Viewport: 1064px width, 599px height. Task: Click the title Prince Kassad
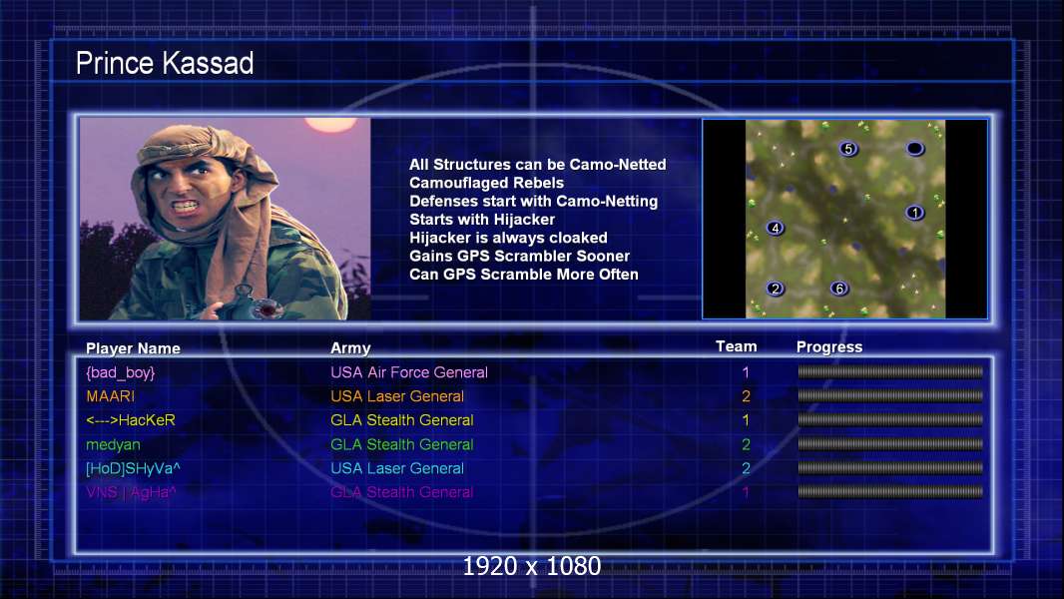coord(165,63)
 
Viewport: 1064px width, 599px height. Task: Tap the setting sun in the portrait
coord(330,124)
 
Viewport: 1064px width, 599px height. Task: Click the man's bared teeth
coord(186,205)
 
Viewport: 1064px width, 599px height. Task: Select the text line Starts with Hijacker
coord(482,219)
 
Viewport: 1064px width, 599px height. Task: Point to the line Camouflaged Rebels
coord(486,183)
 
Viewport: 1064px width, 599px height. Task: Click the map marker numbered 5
coord(848,149)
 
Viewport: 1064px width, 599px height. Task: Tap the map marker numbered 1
coord(914,213)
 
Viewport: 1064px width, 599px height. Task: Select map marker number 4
coord(776,228)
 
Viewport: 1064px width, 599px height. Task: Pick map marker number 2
coord(776,289)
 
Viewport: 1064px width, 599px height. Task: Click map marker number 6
coord(839,289)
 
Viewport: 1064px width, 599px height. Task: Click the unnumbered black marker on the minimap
coord(914,148)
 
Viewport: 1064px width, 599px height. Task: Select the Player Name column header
coord(133,348)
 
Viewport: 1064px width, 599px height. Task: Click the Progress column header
coord(829,346)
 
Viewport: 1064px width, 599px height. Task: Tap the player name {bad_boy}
coord(120,372)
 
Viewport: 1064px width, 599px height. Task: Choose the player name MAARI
coord(110,396)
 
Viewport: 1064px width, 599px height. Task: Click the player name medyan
coord(113,445)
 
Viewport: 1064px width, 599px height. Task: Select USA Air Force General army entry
coord(409,372)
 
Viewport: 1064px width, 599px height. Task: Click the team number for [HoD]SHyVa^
coord(746,468)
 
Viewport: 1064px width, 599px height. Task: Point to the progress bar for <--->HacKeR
coord(890,420)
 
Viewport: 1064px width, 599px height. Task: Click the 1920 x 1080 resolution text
coord(532,566)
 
